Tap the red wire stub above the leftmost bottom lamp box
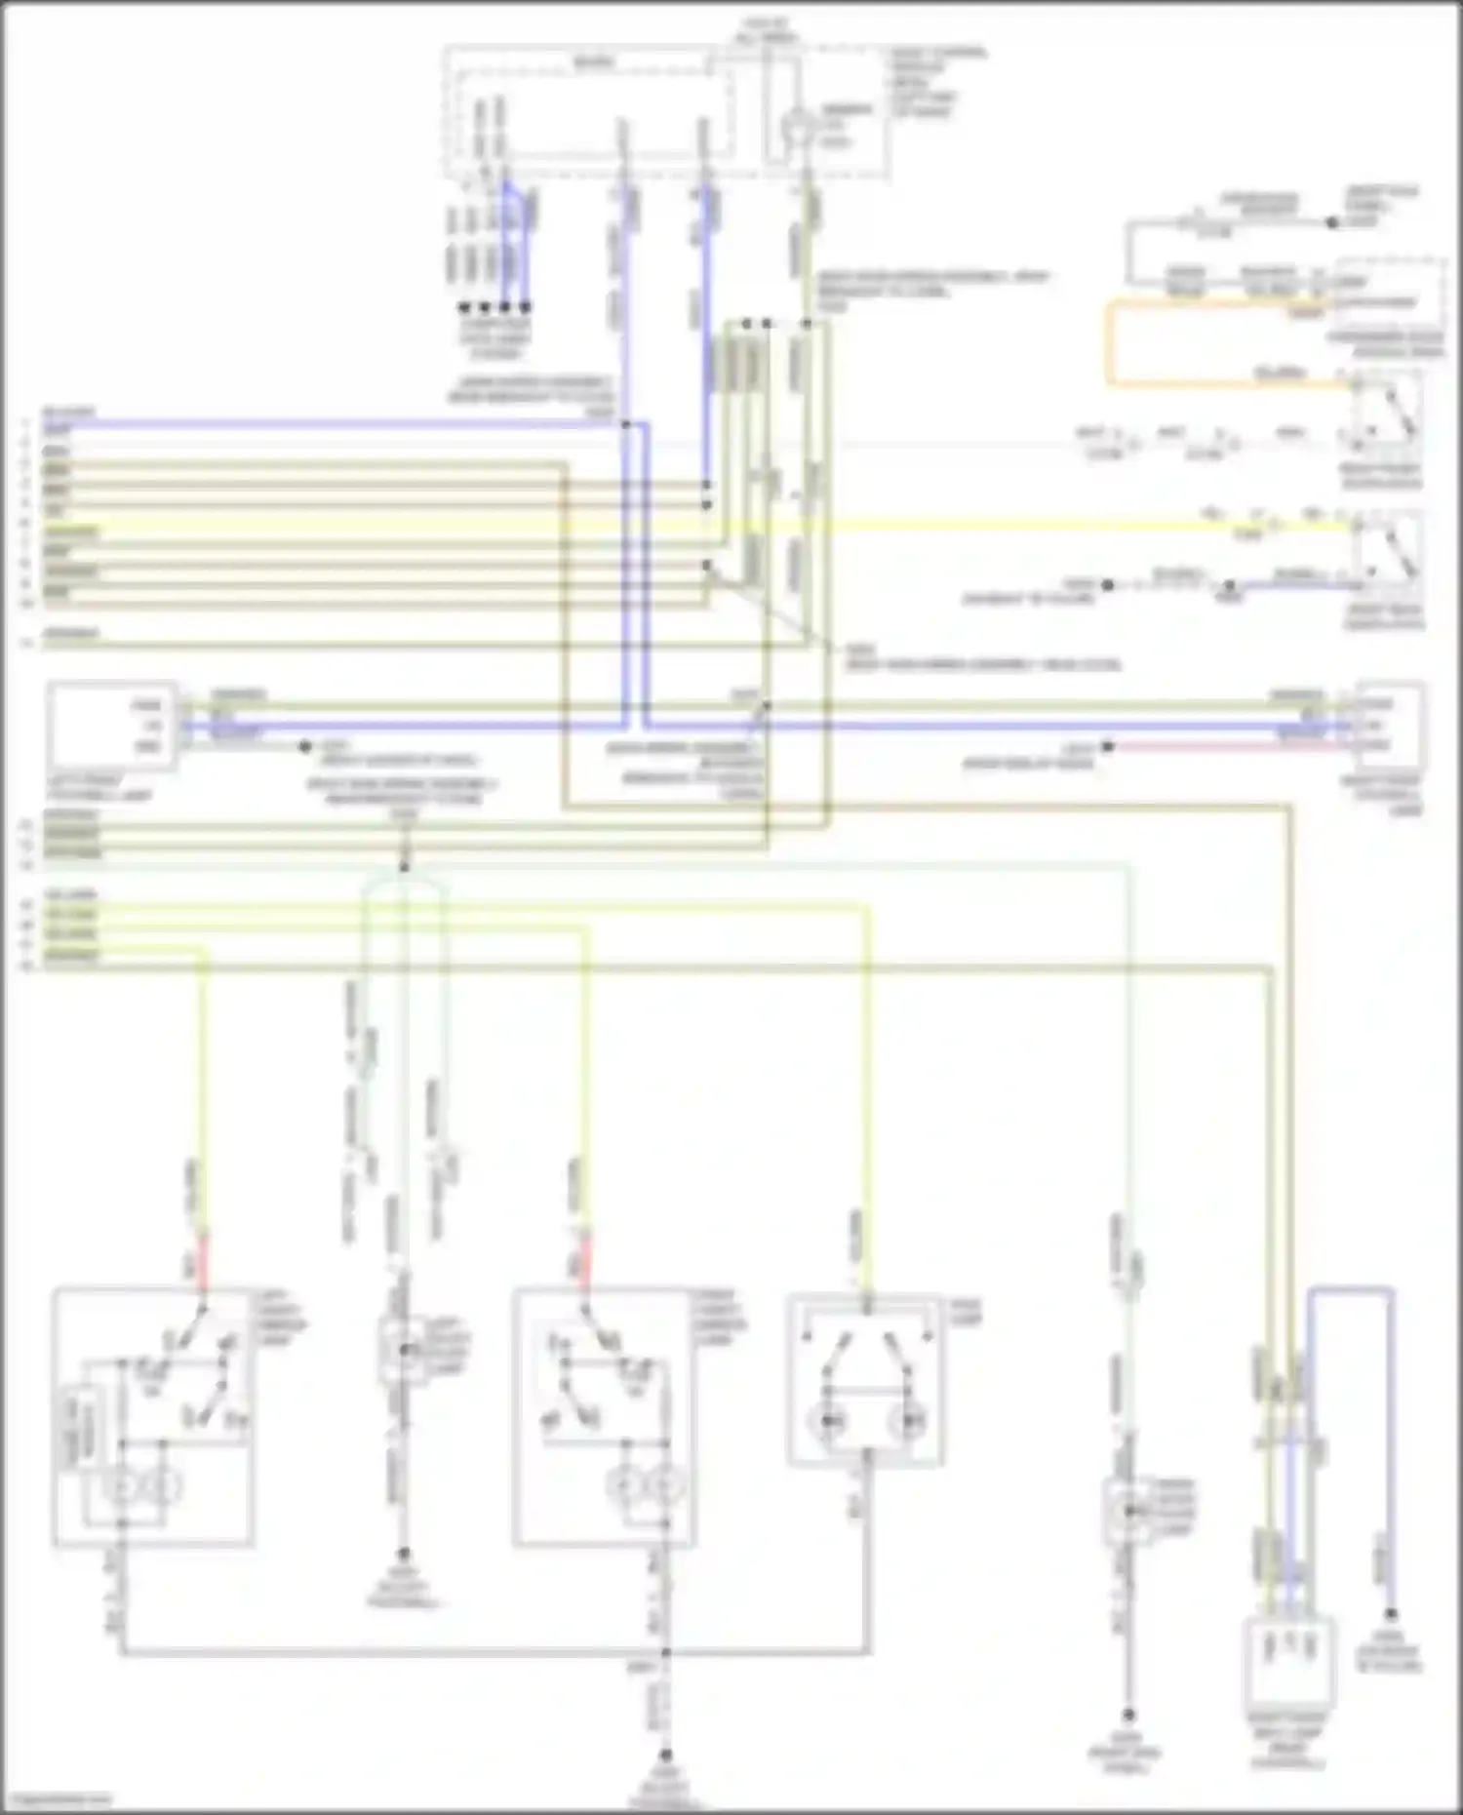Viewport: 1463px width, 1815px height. coord(203,1258)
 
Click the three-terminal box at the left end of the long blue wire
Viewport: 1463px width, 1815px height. coord(113,726)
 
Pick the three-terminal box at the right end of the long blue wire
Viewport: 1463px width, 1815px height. coord(1389,725)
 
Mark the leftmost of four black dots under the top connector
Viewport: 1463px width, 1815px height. coord(464,306)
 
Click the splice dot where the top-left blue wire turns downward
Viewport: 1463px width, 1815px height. coord(625,425)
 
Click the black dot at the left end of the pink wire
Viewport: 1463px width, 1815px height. coord(1108,747)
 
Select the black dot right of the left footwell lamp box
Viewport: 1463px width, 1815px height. coord(304,747)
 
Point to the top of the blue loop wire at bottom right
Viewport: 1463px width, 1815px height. coord(1350,1290)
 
